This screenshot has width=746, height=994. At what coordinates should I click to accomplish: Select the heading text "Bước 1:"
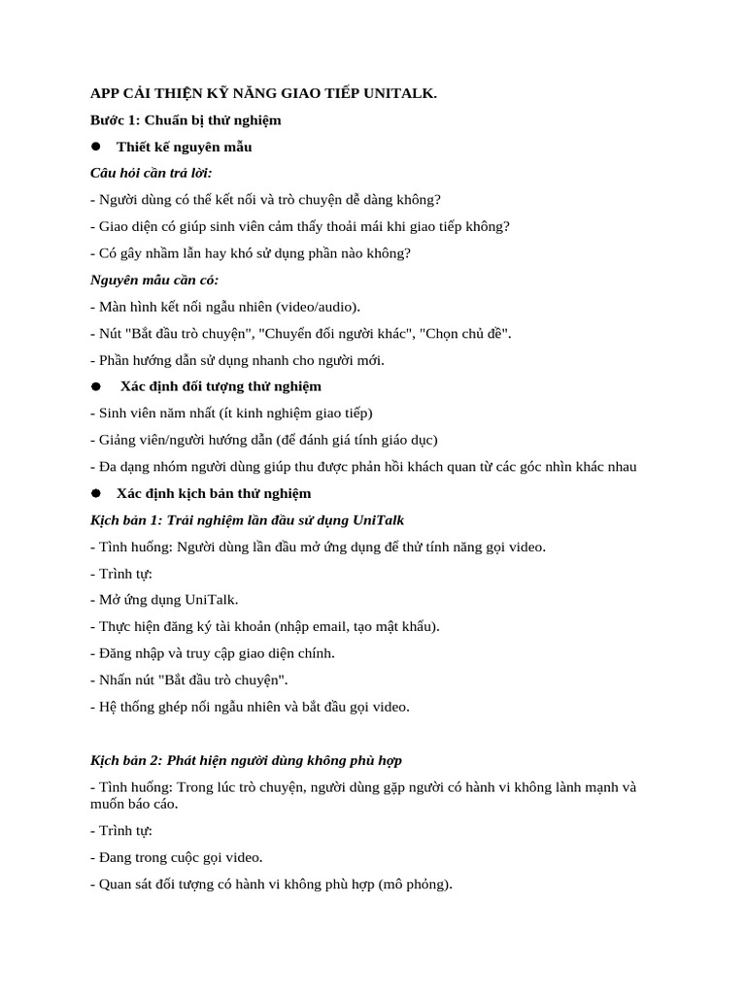115,119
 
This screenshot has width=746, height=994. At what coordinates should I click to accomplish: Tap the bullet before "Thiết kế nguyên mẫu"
96,147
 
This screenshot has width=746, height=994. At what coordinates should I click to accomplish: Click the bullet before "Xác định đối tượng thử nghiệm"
96,386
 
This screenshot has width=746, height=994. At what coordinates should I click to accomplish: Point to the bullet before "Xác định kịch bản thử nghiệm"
96,493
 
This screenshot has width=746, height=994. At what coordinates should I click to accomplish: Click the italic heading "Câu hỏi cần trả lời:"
151,173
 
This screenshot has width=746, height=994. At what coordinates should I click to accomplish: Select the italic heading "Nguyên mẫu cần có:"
154,280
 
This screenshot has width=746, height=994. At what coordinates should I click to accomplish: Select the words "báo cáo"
153,804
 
